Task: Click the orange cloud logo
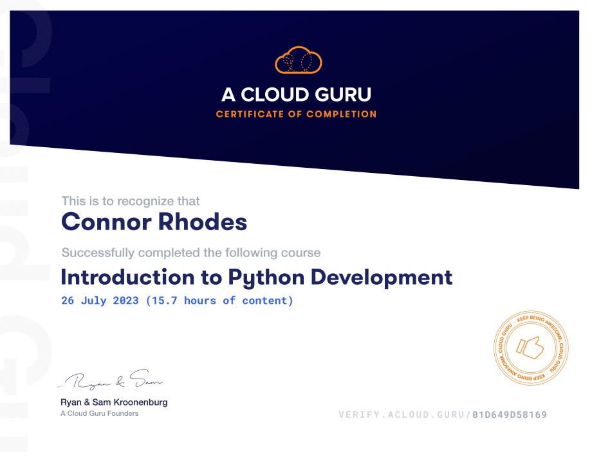click(x=298, y=60)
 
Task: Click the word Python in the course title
click(x=266, y=278)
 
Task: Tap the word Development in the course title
click(x=382, y=278)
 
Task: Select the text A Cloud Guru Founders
click(x=99, y=413)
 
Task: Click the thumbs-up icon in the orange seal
click(x=532, y=348)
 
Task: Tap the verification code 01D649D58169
click(x=510, y=415)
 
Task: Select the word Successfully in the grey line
click(x=98, y=253)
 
